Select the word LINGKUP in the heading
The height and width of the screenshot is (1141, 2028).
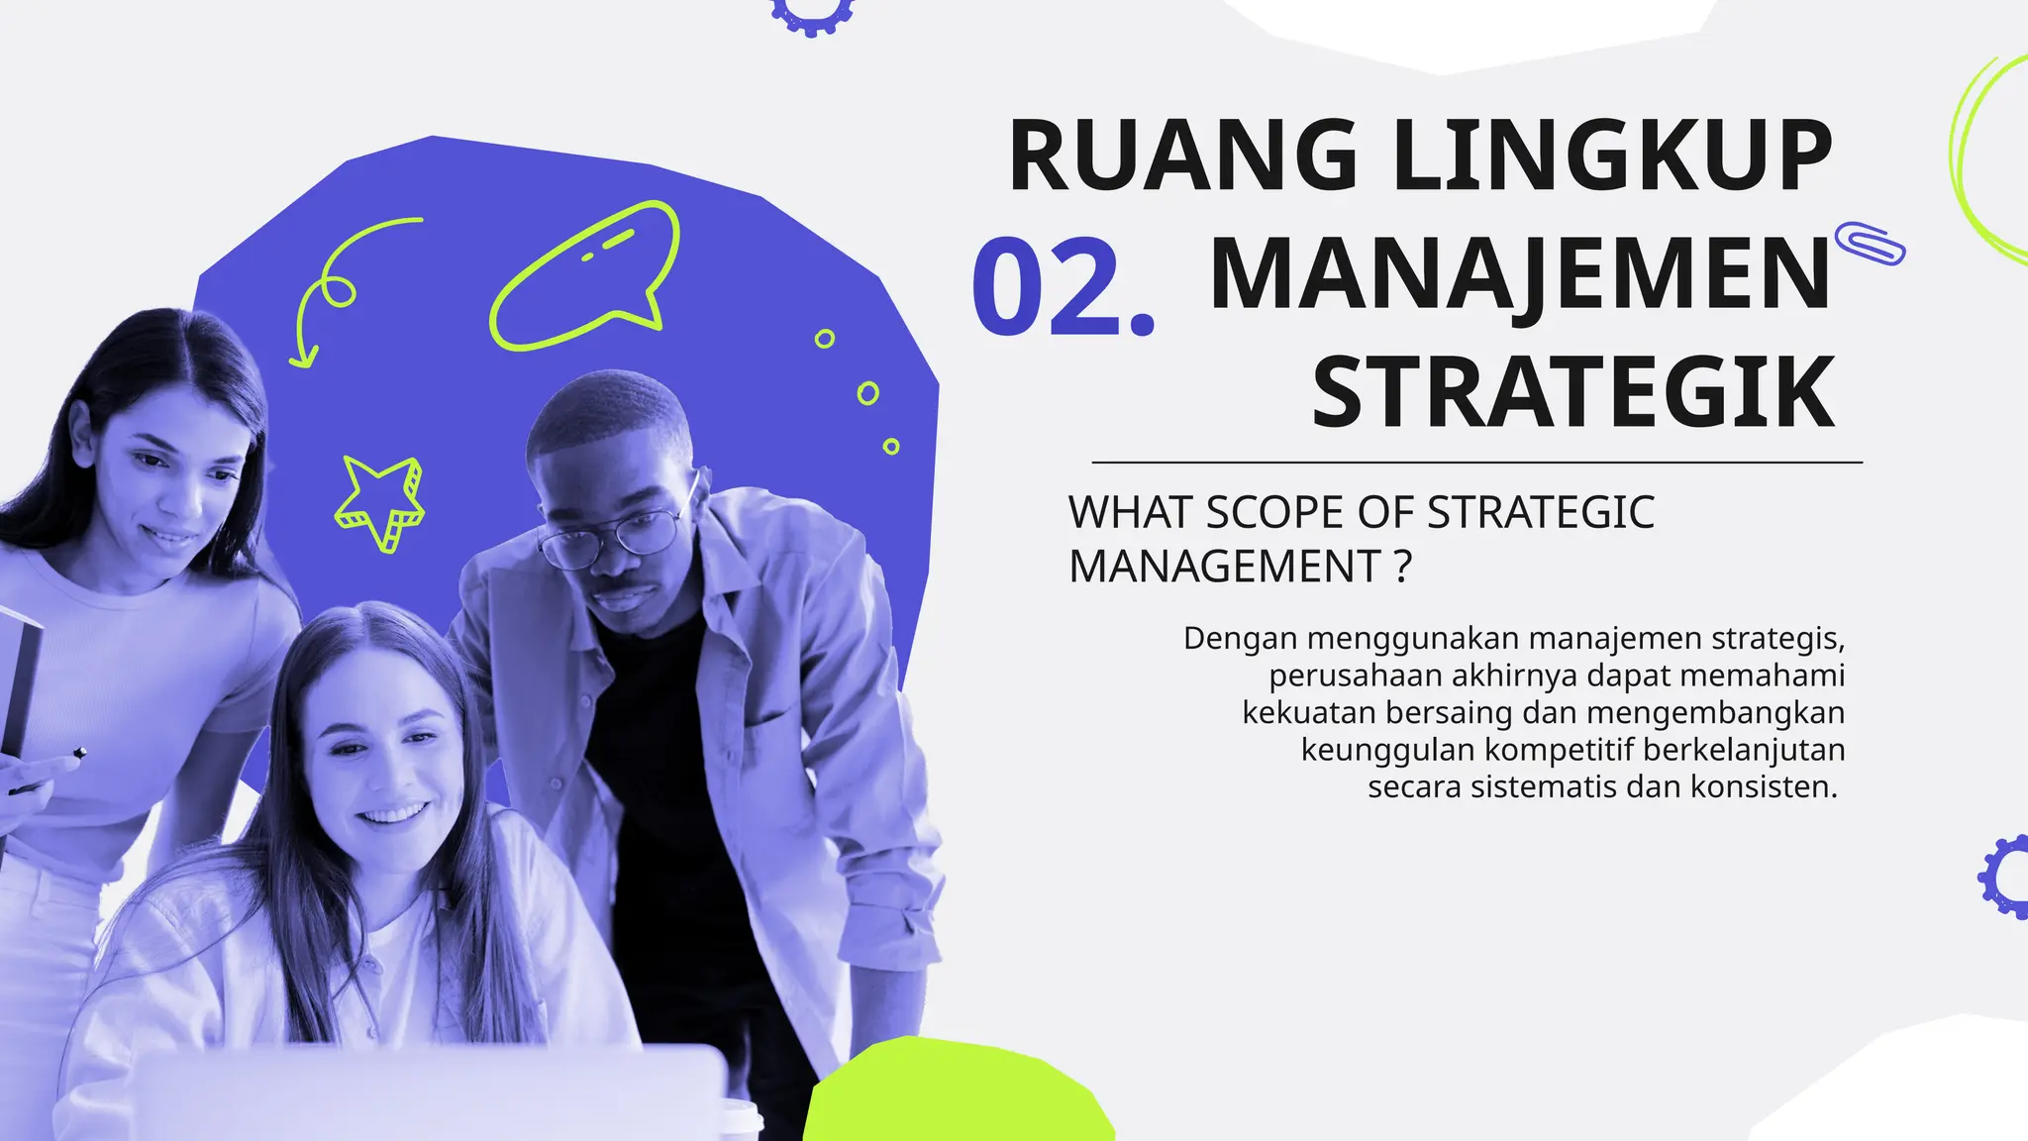coord(1613,156)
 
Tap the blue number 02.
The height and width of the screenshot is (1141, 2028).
coord(1063,288)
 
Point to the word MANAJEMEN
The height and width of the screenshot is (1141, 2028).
coord(1519,274)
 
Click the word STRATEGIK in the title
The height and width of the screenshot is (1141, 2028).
coord(1573,393)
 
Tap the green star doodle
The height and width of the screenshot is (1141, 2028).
coord(380,501)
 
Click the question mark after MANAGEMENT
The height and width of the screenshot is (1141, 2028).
coord(1401,568)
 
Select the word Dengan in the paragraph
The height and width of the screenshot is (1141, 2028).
coord(1240,639)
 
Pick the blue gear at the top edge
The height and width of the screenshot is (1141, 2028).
coord(812,12)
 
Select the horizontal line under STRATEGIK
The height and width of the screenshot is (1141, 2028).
coord(1476,463)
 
